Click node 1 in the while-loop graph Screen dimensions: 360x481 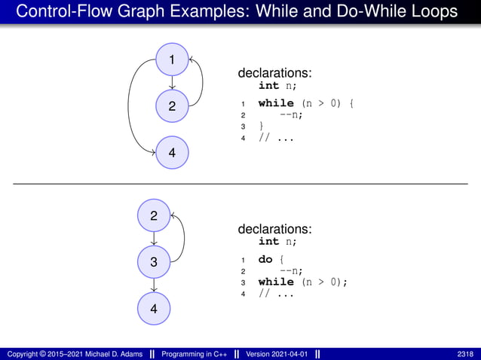(x=173, y=59)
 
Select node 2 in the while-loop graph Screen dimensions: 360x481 (x=173, y=106)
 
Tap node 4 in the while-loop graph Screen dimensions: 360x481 (x=173, y=153)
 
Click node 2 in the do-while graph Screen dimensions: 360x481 (x=154, y=216)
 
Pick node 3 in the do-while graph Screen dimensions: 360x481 (x=154, y=262)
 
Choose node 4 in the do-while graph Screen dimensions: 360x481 (x=154, y=308)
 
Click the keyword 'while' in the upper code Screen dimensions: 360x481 (x=276, y=102)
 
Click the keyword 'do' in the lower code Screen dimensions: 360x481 (x=265, y=259)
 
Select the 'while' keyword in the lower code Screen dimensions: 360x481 (x=276, y=282)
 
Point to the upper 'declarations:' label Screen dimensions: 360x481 (x=275, y=73)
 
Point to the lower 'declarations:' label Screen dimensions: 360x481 (x=275, y=228)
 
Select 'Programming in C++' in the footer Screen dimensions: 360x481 (x=195, y=353)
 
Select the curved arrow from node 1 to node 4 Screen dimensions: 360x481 (x=130, y=105)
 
